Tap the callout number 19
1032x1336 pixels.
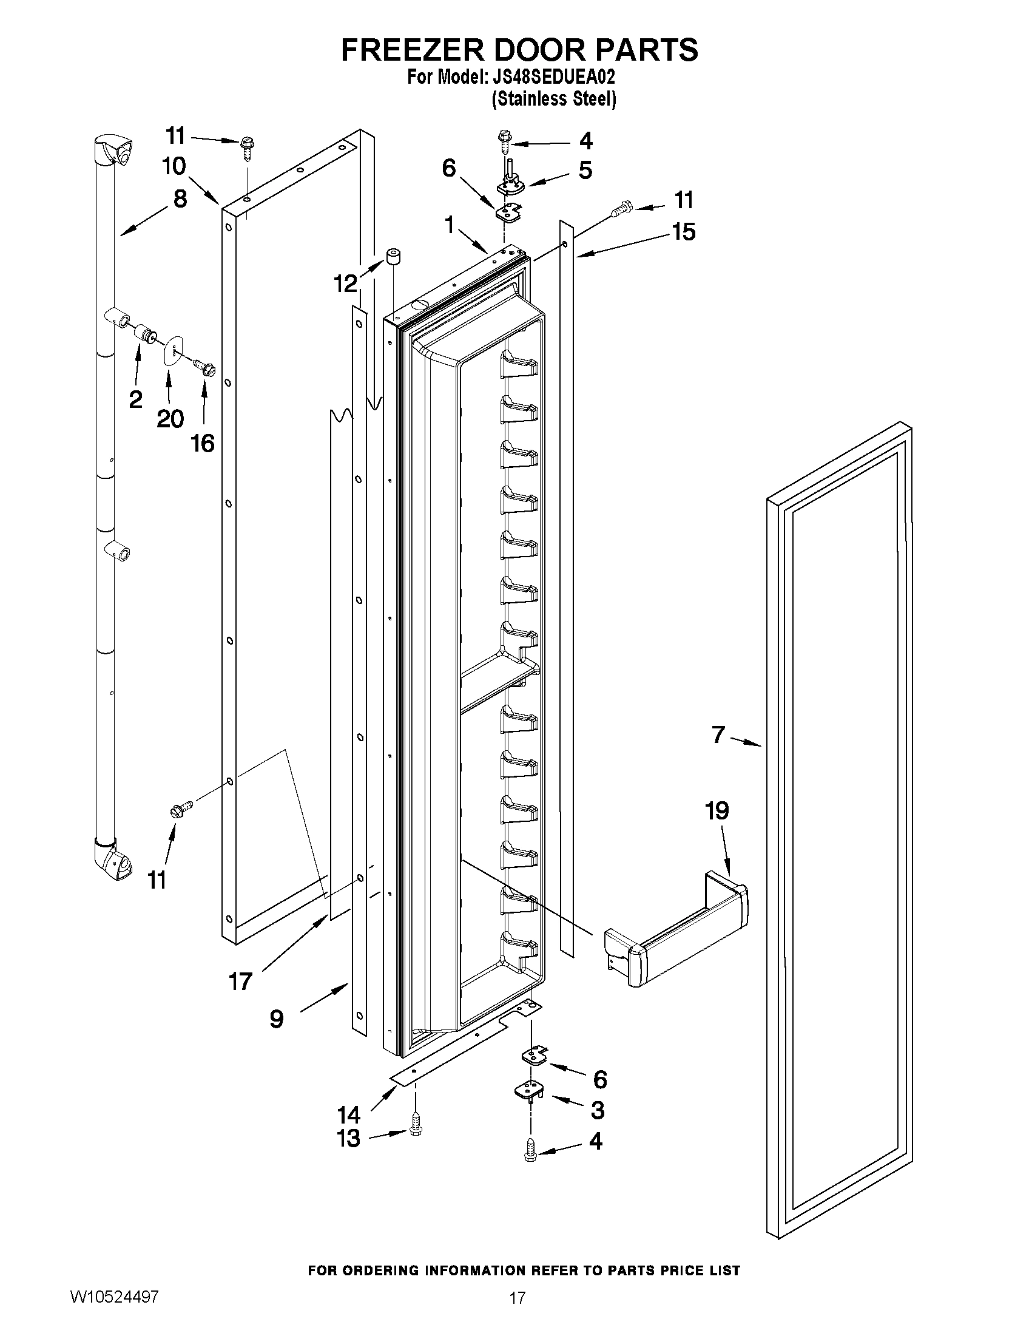717,811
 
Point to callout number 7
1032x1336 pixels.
718,734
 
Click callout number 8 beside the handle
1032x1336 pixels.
180,199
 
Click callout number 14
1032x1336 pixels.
348,1114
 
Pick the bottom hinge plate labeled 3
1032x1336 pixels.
529,1091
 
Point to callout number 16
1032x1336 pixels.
203,443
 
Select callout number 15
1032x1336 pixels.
684,232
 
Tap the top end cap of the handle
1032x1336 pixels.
115,150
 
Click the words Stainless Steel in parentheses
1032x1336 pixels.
554,99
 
